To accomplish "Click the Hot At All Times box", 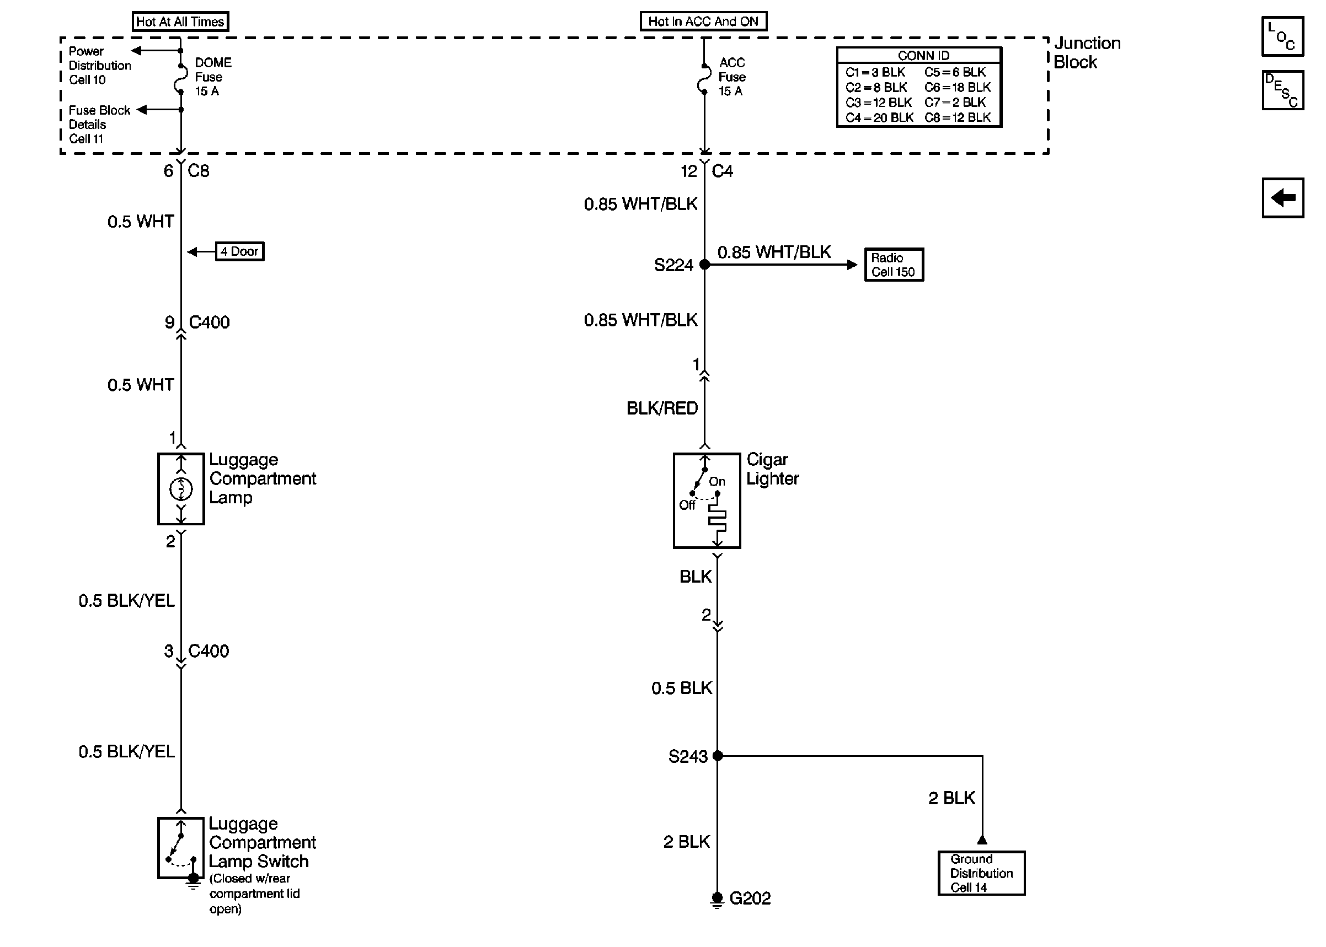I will tap(180, 21).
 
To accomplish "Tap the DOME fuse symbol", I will tap(180, 79).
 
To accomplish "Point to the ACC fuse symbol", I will tap(704, 79).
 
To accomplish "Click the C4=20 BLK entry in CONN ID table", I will tap(879, 118).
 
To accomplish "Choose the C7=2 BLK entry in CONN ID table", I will tap(955, 103).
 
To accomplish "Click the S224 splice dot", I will tap(705, 265).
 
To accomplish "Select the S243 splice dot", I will tap(718, 756).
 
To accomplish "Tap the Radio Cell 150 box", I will tap(894, 265).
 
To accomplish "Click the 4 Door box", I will tap(240, 251).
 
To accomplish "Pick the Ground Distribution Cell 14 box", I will tap(981, 873).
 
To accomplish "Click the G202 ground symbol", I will tap(718, 900).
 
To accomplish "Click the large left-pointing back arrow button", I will tap(1282, 198).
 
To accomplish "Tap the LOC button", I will tap(1282, 36).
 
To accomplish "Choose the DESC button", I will tap(1282, 90).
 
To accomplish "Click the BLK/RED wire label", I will tap(662, 408).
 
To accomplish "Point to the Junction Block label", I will tap(1086, 52).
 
